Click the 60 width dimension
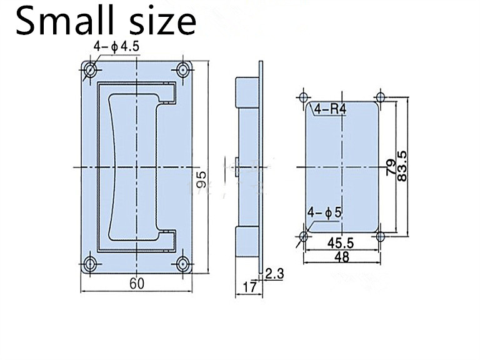click(x=137, y=283)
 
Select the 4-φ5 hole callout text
click(x=325, y=212)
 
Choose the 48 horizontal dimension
click(x=342, y=257)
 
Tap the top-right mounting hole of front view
click(x=184, y=69)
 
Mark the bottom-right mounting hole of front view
click(x=184, y=263)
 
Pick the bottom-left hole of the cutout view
click(x=304, y=236)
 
